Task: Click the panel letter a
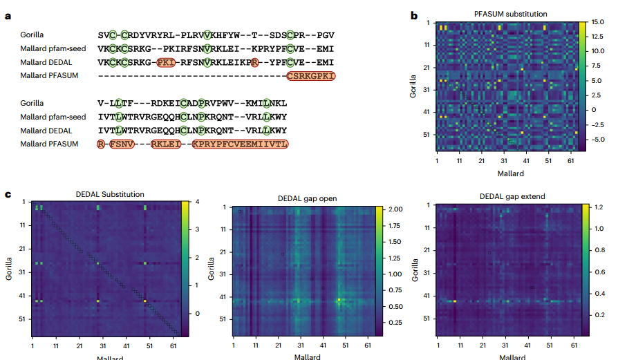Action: [8, 15]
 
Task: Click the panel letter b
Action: [414, 15]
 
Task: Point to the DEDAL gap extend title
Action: [512, 197]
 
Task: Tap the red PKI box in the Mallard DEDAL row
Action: [166, 62]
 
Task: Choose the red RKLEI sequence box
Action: [167, 144]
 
